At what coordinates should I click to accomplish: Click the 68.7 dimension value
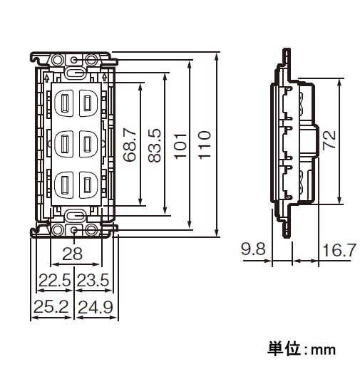(130, 145)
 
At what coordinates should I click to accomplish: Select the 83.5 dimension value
(155, 145)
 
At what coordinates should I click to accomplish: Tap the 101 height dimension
(180, 146)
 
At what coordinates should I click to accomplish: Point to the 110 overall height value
(205, 145)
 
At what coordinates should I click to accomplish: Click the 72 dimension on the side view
(329, 140)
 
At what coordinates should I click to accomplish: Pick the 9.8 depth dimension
(253, 249)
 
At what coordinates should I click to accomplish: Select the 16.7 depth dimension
(339, 250)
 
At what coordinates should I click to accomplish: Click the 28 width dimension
(72, 254)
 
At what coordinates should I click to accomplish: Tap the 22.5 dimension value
(55, 280)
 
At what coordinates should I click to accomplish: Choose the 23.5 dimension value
(93, 280)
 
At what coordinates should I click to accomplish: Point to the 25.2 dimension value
(51, 306)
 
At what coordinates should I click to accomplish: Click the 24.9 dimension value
(96, 307)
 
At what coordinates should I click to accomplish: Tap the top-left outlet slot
(64, 103)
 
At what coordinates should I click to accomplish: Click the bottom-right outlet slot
(87, 184)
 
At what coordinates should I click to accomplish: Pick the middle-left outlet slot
(64, 144)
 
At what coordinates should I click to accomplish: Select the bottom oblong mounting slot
(75, 216)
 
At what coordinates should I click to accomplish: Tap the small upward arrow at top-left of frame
(47, 78)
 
